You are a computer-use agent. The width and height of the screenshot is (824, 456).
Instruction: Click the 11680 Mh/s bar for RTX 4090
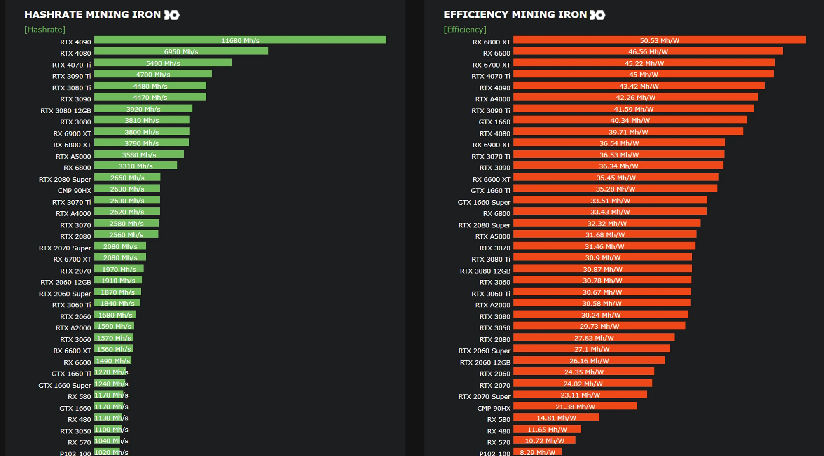click(x=240, y=40)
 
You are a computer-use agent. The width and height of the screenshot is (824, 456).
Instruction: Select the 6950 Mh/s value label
click(x=181, y=51)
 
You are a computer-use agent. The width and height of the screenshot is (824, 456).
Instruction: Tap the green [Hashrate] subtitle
click(x=45, y=29)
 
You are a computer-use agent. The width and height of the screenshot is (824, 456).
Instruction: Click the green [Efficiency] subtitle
click(x=465, y=29)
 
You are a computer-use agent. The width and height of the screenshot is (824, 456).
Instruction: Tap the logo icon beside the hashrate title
click(x=172, y=15)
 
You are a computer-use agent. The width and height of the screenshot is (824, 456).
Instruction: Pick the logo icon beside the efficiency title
click(x=597, y=15)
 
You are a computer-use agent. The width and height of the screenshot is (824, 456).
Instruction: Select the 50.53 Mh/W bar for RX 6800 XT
click(x=659, y=40)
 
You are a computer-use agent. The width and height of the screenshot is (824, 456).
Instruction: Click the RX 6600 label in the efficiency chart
click(x=496, y=53)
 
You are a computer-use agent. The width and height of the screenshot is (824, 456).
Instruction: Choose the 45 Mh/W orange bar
click(x=643, y=74)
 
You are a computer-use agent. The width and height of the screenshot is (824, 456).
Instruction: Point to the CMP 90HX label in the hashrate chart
click(x=75, y=190)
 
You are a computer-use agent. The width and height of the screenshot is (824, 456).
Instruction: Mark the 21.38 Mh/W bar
click(x=575, y=406)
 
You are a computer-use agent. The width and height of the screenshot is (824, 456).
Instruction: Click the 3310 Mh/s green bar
click(x=136, y=166)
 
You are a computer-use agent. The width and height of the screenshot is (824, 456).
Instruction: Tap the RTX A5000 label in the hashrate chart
click(x=73, y=156)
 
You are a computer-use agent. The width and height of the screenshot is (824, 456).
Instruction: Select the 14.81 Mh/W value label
click(x=556, y=418)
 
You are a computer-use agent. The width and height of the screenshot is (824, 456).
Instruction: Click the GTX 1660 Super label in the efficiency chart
click(x=484, y=202)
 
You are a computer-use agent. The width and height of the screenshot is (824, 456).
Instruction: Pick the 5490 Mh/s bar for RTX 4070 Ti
click(x=163, y=63)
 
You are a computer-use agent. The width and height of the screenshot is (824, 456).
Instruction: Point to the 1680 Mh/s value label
click(x=115, y=315)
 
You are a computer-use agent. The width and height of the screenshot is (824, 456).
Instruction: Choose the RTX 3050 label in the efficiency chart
click(x=494, y=327)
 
